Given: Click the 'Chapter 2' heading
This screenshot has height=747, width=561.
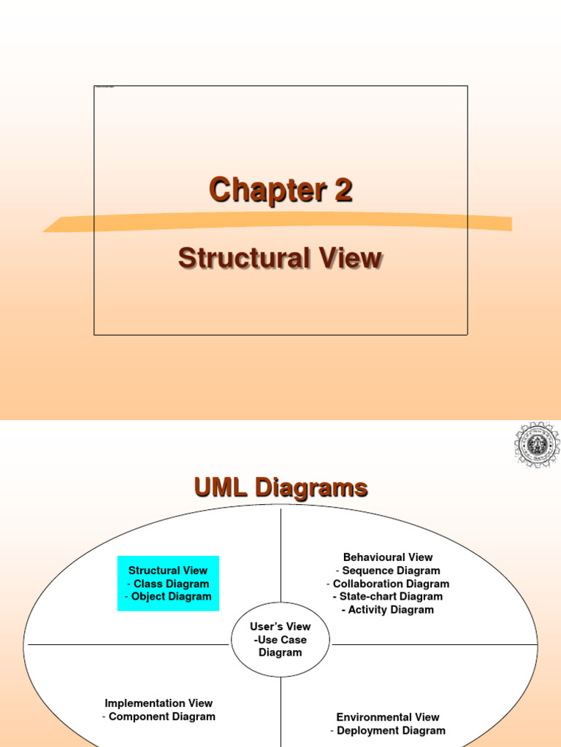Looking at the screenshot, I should point(280,190).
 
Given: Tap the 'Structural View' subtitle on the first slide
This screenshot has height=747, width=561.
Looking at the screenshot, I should point(280,258).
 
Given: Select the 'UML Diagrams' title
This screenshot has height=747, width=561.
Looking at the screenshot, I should point(280,487).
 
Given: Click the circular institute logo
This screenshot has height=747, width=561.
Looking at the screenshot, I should point(537,444).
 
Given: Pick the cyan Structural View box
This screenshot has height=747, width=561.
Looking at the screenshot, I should point(168,583).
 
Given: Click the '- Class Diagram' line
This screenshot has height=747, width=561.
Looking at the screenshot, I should point(168,584).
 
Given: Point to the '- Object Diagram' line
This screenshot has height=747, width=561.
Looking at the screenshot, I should point(168,596).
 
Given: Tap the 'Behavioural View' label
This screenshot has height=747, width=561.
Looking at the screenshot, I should point(388,557).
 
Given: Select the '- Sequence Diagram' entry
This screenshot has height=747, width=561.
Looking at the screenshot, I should point(388,570).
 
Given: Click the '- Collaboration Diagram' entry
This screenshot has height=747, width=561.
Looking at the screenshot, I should point(388,584).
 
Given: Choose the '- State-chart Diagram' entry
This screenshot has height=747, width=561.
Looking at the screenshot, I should point(388,597).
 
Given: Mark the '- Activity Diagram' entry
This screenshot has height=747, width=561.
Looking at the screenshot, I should point(388,610).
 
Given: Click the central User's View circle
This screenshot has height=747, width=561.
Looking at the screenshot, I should point(280,640).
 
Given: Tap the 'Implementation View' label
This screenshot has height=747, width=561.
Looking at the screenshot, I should point(159,703).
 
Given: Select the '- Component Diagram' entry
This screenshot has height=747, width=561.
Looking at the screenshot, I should point(159,716).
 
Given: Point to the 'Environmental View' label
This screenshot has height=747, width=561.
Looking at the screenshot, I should point(388,717).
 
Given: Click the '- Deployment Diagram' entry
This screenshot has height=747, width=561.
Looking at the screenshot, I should point(388,730).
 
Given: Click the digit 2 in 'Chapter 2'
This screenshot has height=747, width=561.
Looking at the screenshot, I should point(343,190).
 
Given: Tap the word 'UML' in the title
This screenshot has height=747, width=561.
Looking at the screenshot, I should point(221,487).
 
